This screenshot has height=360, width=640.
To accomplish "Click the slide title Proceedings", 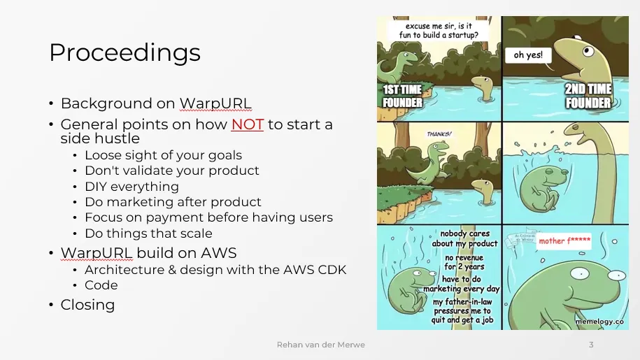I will click(x=125, y=53).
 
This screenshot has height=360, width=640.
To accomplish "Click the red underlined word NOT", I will click(x=248, y=124).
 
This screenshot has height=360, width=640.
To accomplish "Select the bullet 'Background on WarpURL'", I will click(x=155, y=103).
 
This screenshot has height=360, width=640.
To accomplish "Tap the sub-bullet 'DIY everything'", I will click(x=131, y=187).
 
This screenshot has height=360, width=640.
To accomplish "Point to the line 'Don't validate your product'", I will click(x=171, y=171).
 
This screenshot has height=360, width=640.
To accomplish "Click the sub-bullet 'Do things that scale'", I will click(x=148, y=233).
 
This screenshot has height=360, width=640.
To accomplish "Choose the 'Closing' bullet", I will click(x=87, y=305).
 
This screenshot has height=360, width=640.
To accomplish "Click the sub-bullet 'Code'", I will click(x=101, y=285).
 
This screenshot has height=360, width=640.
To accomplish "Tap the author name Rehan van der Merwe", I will click(x=320, y=345).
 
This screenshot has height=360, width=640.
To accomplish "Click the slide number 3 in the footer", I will click(x=591, y=345).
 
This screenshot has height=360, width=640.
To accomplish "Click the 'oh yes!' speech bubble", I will click(x=528, y=55).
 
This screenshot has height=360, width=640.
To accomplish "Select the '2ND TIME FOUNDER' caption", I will click(x=588, y=96).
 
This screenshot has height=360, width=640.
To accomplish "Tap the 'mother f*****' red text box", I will click(x=564, y=241).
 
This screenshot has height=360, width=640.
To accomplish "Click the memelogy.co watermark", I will click(x=599, y=321).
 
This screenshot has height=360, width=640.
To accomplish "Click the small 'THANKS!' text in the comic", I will click(x=439, y=133).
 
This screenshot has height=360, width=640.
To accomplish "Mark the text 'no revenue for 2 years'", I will click(x=464, y=262).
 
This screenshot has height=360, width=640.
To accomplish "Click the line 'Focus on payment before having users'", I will click(x=208, y=217).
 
